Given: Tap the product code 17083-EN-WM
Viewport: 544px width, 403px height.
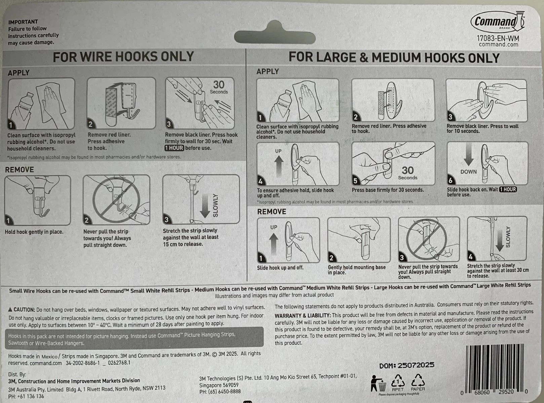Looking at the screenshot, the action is (x=498, y=38).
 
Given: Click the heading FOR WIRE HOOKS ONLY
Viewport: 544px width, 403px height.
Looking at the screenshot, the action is (x=123, y=56).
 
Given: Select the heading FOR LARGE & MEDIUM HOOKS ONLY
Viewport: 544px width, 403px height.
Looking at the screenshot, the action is (x=394, y=57).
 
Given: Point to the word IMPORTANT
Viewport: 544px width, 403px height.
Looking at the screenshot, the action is (x=23, y=22).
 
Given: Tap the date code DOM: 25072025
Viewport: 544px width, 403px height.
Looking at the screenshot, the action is (x=406, y=365).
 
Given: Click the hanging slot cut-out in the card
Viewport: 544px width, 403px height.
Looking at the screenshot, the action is (x=275, y=34).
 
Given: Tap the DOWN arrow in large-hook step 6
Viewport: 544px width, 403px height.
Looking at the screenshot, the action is (x=468, y=154).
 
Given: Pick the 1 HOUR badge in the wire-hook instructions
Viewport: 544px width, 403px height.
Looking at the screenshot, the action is (x=174, y=148).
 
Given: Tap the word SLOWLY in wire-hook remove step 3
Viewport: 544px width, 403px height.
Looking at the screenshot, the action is (x=215, y=206).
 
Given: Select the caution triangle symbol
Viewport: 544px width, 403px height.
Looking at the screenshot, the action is (x=10, y=310).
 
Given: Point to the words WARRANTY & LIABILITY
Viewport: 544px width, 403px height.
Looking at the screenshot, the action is (x=303, y=316).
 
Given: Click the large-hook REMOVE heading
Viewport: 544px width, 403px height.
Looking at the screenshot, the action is (x=272, y=212).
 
